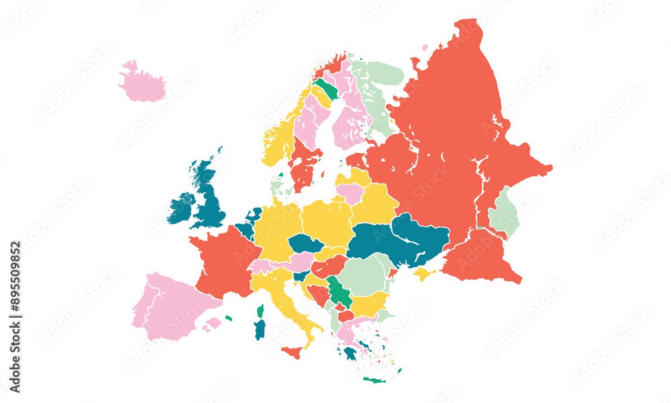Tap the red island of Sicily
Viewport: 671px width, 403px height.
pos(293,352)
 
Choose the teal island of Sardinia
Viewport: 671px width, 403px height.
pos(260,329)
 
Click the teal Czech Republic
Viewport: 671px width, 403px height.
pos(305,243)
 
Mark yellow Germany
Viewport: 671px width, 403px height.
pos(276,228)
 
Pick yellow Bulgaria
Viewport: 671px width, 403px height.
pos(369,304)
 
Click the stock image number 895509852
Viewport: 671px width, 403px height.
pos(15,316)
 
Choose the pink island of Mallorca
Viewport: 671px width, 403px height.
pos(213,324)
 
